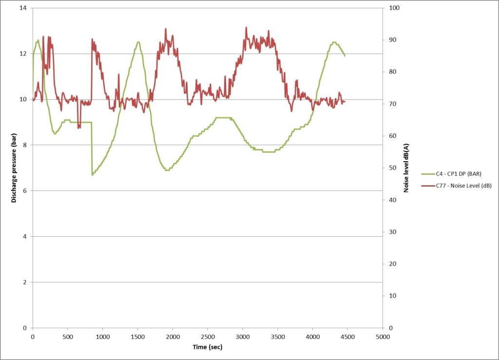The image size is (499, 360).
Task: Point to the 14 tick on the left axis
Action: point(23,8)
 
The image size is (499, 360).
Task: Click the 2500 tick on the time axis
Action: point(208,337)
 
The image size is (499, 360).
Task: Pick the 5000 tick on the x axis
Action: point(383,337)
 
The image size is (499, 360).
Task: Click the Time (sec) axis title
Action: point(207,347)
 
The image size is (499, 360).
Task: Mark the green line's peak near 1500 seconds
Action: point(138,42)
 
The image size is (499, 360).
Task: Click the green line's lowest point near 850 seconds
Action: point(92,174)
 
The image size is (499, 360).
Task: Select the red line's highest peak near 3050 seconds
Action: point(246,27)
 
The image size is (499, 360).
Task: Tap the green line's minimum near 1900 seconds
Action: point(167,170)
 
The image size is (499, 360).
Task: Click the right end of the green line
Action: point(345,56)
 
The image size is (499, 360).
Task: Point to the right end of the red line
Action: point(345,101)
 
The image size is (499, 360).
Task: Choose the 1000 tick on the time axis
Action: point(103,337)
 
